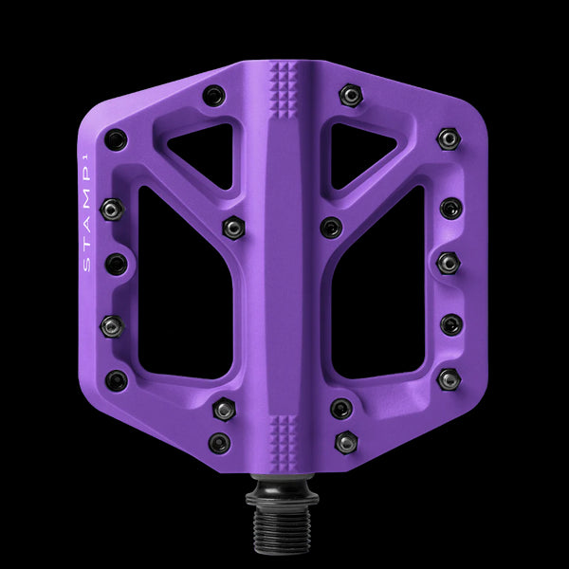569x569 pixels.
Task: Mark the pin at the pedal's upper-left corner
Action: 116,139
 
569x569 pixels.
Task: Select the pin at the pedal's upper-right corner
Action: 449,139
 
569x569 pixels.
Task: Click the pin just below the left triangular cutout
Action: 233,227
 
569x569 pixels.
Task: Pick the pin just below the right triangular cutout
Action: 331,227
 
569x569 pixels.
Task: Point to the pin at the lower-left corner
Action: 116,380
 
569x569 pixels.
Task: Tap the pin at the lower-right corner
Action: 449,380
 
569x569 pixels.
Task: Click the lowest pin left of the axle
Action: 220,442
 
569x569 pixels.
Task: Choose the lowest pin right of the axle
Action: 347,442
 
